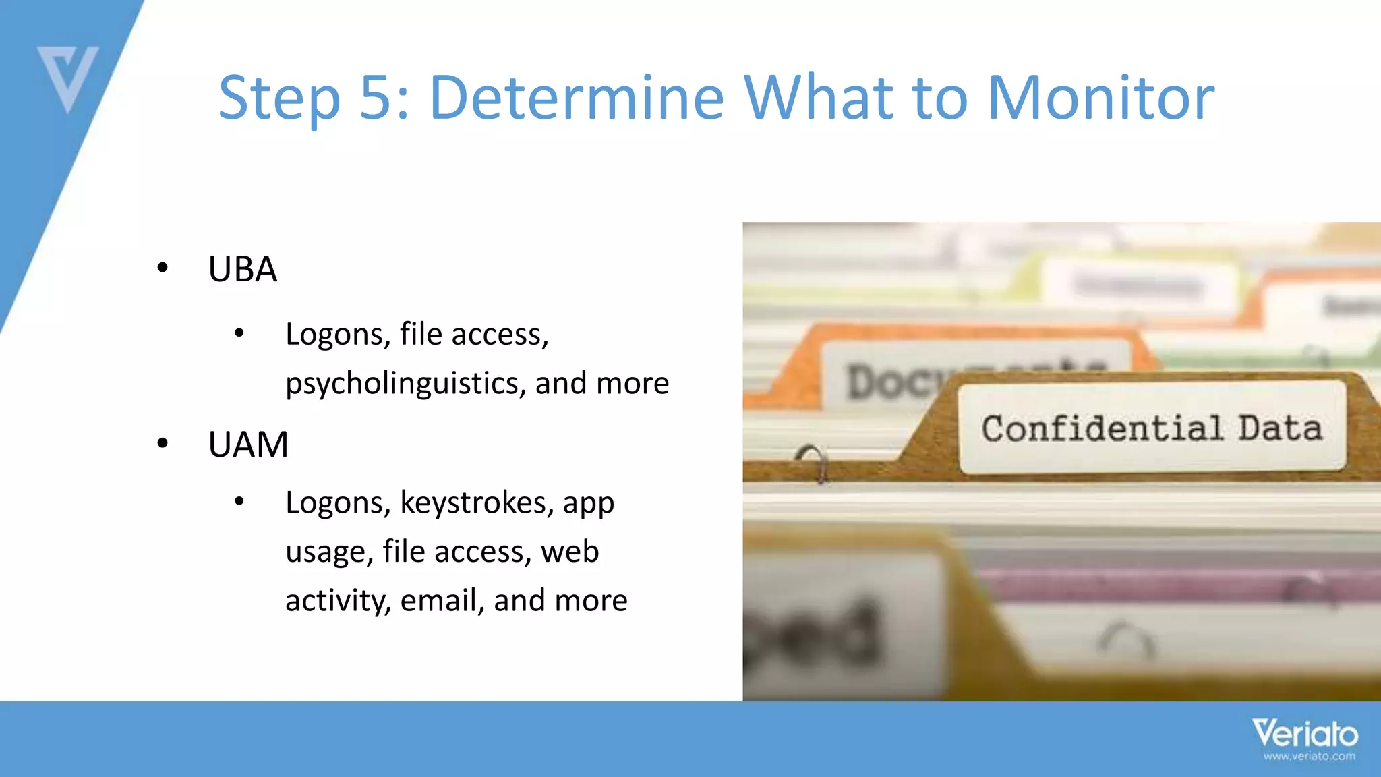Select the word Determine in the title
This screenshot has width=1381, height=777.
[577, 98]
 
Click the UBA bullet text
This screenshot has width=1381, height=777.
[243, 269]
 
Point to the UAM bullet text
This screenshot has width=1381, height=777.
[248, 444]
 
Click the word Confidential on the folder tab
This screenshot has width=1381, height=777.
[1102, 429]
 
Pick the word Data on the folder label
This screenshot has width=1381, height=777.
[1279, 429]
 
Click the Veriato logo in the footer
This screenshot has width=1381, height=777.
[1305, 734]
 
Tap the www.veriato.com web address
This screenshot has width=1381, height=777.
[1309, 757]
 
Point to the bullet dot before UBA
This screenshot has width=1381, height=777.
[163, 268]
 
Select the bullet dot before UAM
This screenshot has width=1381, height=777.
[163, 444]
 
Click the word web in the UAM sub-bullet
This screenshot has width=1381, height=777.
[570, 552]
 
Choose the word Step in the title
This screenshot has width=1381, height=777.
[279, 99]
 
